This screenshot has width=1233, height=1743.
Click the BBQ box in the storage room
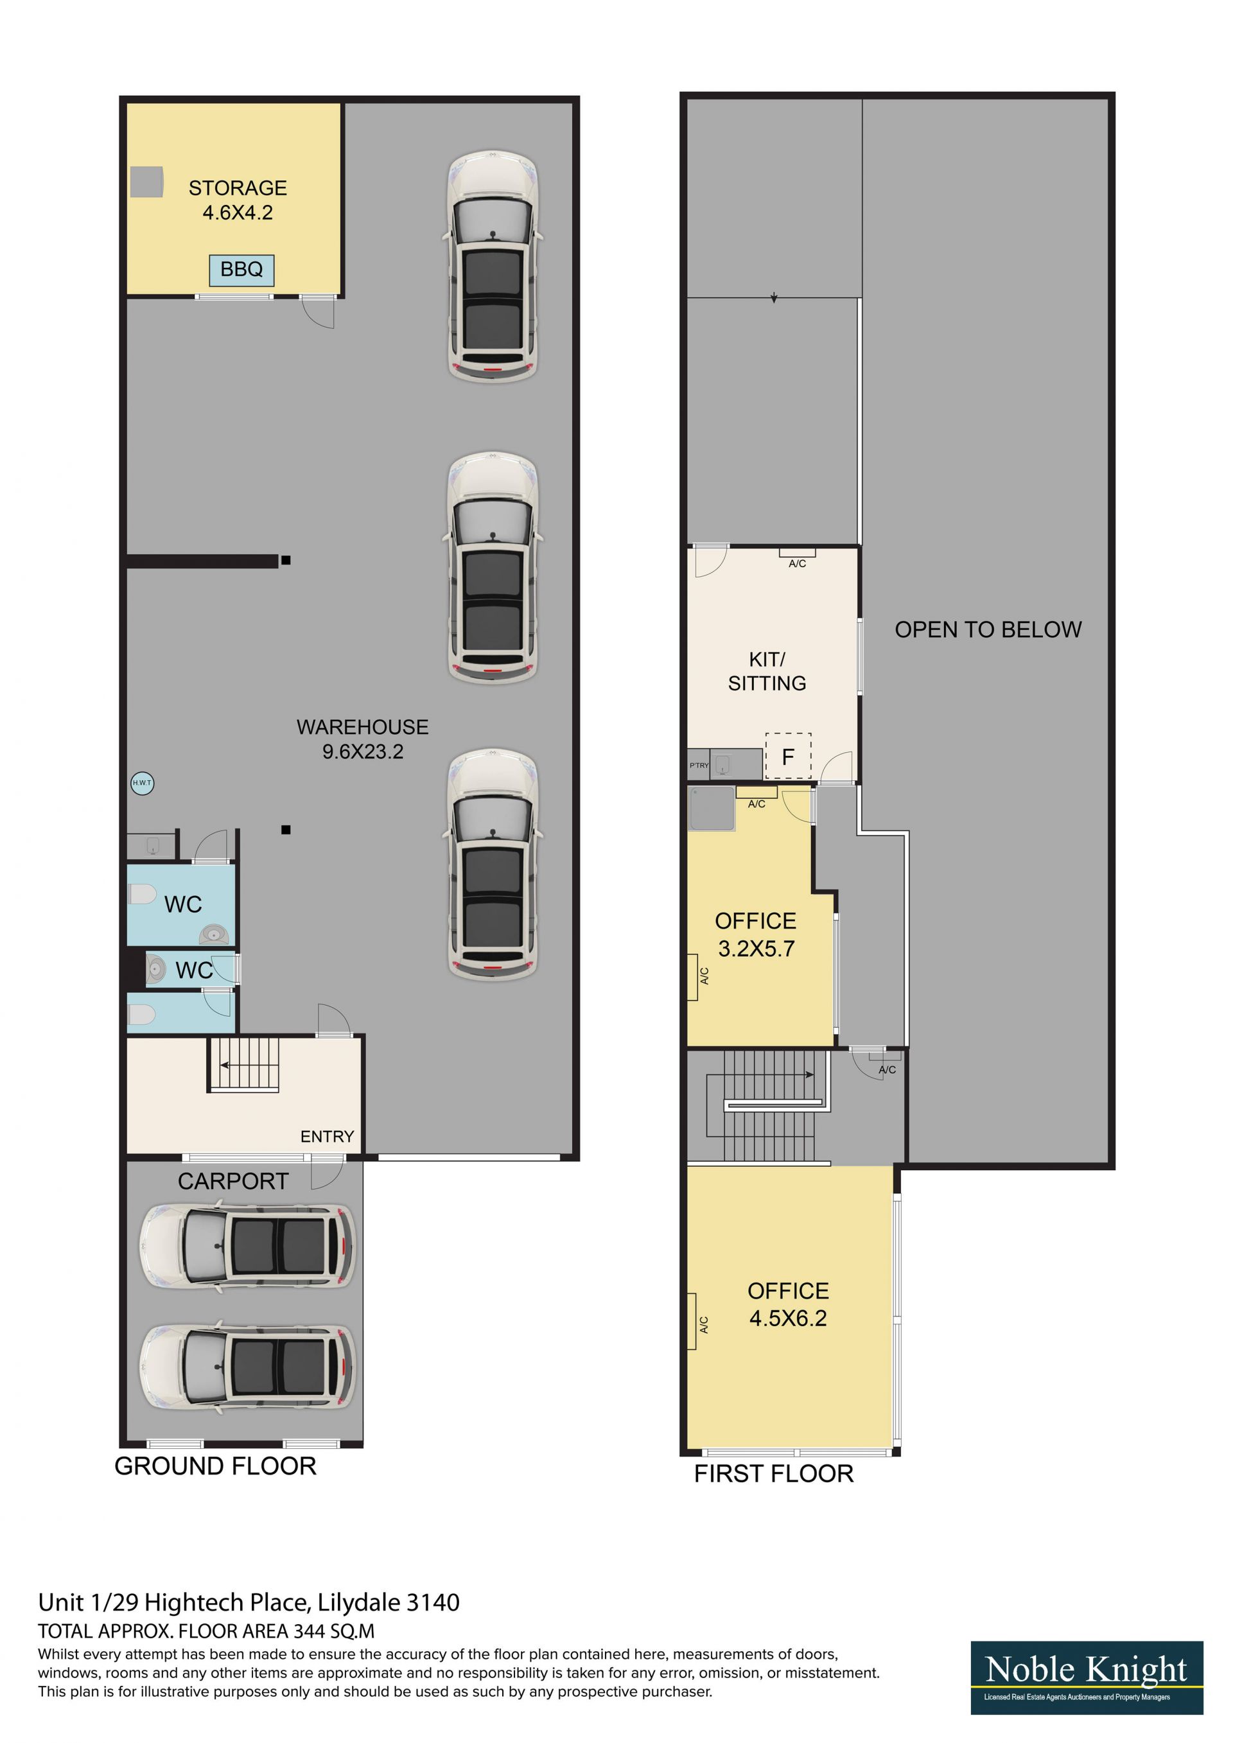tap(241, 270)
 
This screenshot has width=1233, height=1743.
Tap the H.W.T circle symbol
tap(142, 783)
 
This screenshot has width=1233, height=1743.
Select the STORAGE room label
tap(238, 188)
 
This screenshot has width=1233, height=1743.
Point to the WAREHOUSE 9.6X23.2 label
tap(362, 739)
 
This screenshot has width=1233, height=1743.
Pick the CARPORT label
tap(233, 1180)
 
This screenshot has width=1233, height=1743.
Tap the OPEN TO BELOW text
tap(988, 629)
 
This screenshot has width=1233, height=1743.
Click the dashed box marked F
tap(788, 756)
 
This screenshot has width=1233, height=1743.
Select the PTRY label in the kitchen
tap(699, 766)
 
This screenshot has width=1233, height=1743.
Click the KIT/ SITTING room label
tap(767, 671)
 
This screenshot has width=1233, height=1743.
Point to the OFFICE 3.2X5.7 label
tap(755, 934)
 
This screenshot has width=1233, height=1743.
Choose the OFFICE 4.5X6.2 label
tap(788, 1304)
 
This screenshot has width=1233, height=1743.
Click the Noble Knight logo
tap(1087, 1677)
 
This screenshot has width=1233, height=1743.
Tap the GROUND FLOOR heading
tap(215, 1466)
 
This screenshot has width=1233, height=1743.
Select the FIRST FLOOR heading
tap(774, 1473)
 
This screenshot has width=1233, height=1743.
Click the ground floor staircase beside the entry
tap(245, 1064)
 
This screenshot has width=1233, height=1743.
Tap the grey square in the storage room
tap(146, 182)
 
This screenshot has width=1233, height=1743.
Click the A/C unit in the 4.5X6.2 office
tap(692, 1322)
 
